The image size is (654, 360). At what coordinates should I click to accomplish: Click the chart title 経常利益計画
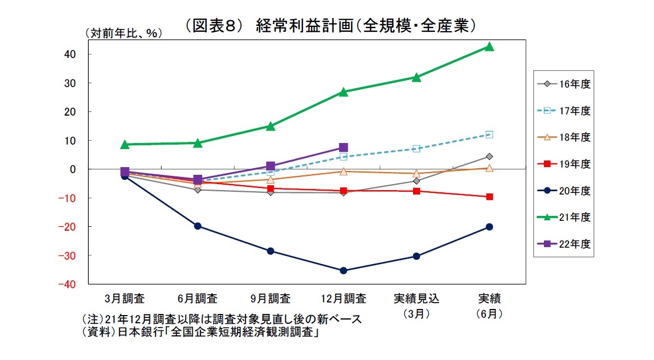point(329,26)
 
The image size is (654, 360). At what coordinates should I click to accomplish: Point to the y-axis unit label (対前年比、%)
point(123,33)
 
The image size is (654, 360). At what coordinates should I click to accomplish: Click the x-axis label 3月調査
point(125,299)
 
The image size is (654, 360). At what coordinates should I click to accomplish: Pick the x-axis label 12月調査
point(343,299)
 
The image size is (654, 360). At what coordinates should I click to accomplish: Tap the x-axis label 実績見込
point(416,299)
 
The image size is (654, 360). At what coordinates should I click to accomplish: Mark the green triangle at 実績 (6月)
point(489,47)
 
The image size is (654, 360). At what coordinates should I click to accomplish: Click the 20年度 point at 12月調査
point(343,270)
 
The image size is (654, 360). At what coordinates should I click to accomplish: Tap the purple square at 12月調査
point(343,147)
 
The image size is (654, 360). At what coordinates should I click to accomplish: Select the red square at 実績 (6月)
point(489,196)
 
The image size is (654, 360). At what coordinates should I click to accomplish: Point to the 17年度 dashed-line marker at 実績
point(489,134)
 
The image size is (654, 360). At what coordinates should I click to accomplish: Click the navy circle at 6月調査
point(198,226)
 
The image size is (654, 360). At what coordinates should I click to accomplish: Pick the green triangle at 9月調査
point(271,126)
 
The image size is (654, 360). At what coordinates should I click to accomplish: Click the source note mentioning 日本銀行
point(200,333)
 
